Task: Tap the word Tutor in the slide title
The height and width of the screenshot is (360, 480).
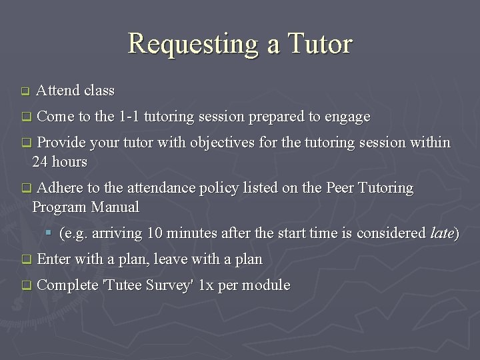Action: [x=319, y=44]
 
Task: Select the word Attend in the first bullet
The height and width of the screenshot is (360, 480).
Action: [x=58, y=91]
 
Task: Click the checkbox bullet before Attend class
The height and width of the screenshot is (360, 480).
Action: [x=25, y=91]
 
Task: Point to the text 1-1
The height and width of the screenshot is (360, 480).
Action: [x=128, y=117]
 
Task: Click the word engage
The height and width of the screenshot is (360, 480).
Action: [x=347, y=117]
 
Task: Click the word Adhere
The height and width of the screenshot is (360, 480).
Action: [x=61, y=189]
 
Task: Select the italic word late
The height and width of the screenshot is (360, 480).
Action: [x=441, y=233]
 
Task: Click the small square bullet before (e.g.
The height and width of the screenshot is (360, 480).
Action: [x=49, y=233]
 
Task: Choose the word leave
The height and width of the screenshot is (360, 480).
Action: [x=169, y=259]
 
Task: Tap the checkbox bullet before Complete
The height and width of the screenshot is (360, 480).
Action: [x=25, y=286]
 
